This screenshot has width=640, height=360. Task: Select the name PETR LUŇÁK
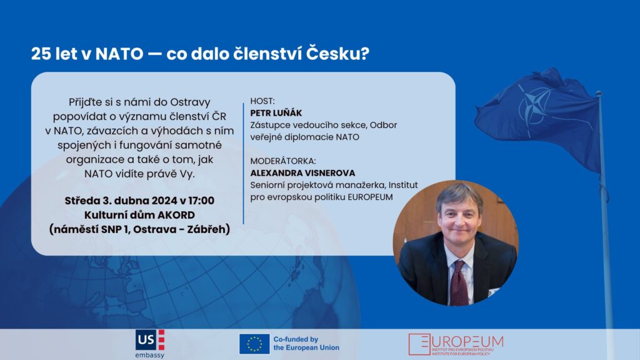tap(276, 113)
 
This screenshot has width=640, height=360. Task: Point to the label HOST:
tap(262, 101)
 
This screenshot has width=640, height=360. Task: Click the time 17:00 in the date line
tap(201, 201)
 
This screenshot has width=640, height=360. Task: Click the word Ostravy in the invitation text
tap(189, 102)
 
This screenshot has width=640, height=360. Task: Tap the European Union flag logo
tap(254, 344)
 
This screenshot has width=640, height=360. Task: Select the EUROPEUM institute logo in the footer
tap(456, 344)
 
